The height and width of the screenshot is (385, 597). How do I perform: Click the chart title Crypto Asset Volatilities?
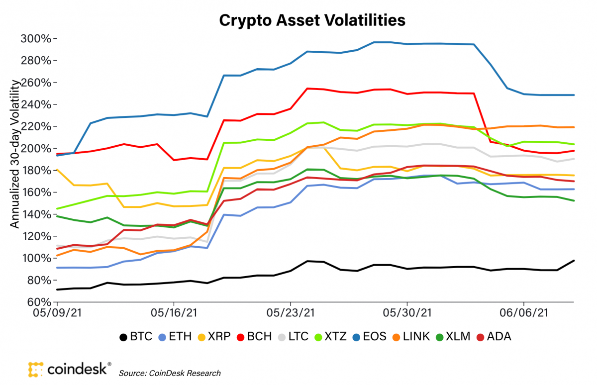tap(312, 20)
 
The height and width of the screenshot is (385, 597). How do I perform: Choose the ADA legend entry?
tap(494, 337)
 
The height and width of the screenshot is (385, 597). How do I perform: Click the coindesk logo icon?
tap(36, 369)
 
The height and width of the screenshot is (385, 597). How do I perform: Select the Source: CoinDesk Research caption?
tap(170, 373)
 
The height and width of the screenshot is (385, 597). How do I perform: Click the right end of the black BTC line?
tap(574, 261)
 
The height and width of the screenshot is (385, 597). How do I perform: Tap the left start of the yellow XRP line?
tap(57, 170)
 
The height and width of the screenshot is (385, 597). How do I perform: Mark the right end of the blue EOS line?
tap(574, 95)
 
